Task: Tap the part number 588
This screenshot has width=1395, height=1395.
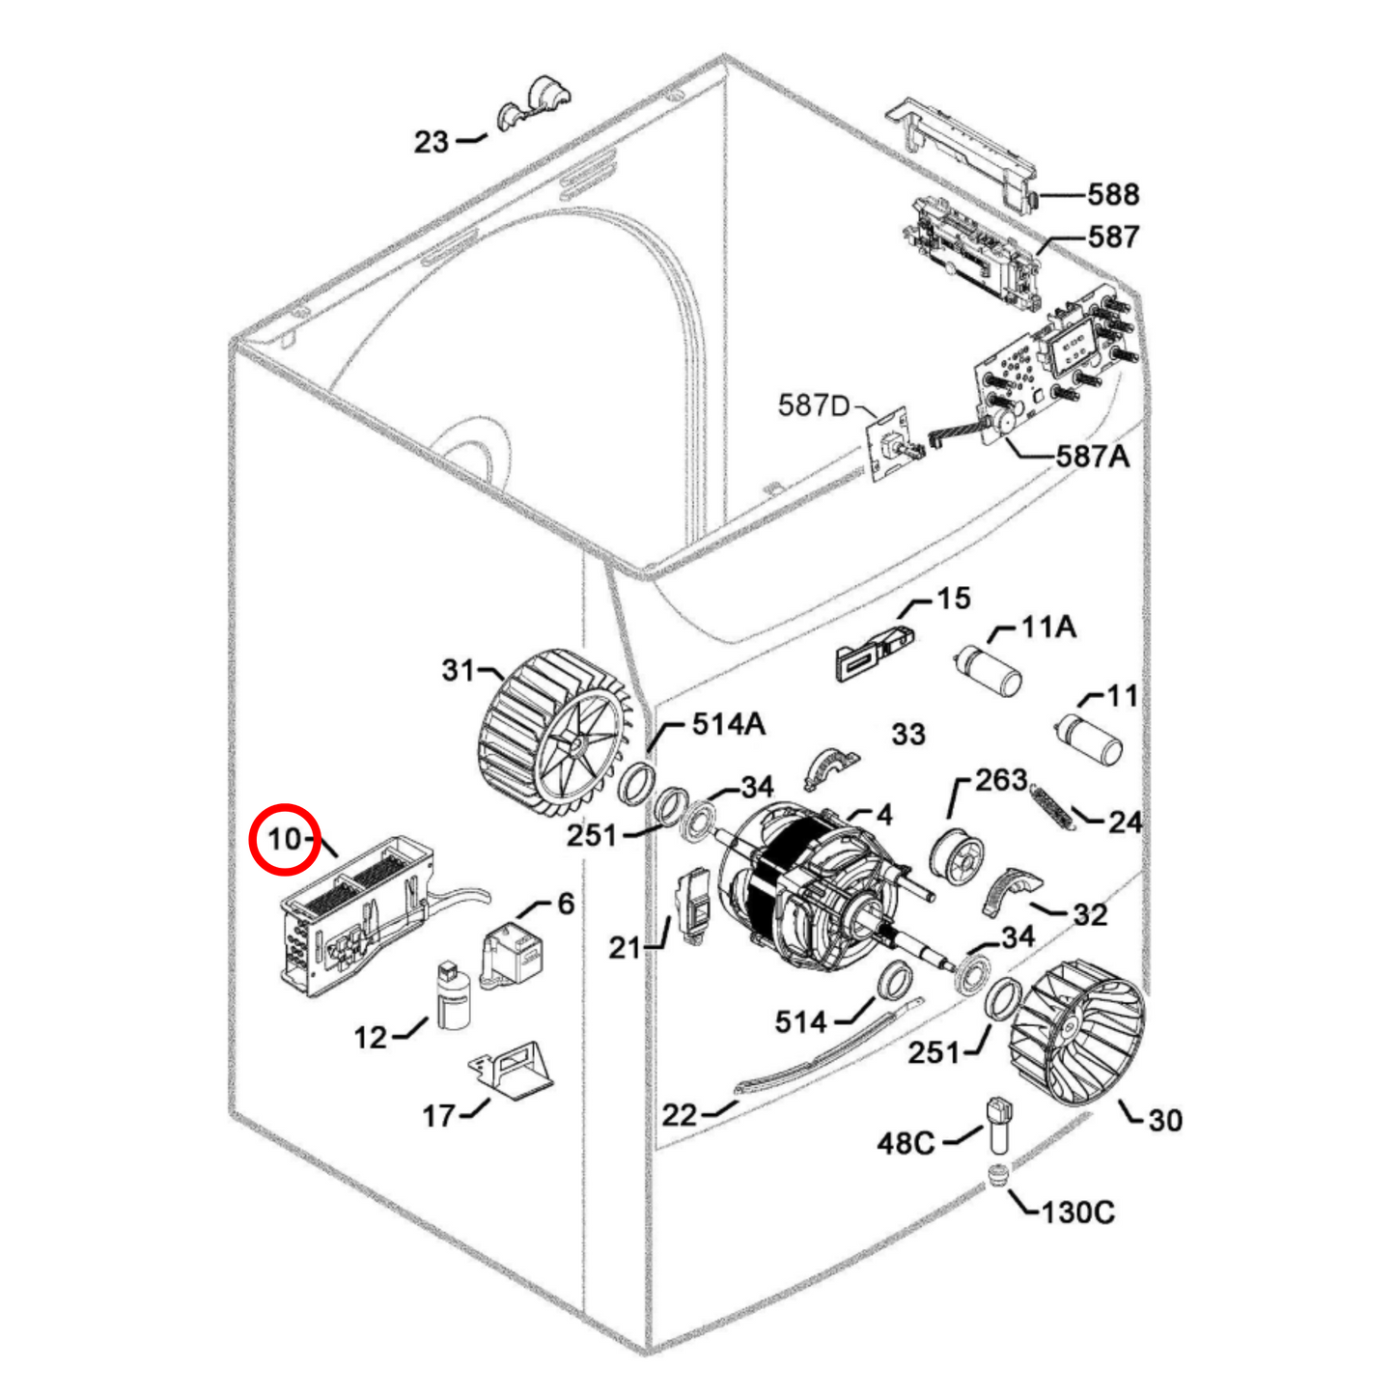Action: [x=1113, y=195]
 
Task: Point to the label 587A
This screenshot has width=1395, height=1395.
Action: [x=1093, y=457]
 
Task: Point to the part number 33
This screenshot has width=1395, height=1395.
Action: [x=908, y=734]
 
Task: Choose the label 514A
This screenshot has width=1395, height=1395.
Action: [x=728, y=724]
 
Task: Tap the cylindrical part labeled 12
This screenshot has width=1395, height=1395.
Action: [x=453, y=994]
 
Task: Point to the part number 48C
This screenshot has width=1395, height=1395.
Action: [x=906, y=1144]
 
